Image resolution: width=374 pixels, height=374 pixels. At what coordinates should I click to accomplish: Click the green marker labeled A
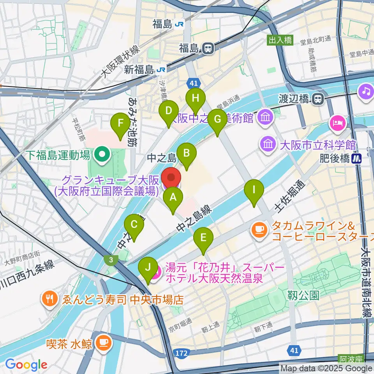[173, 199]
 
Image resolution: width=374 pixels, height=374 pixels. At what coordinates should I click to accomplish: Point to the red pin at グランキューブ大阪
[171, 179]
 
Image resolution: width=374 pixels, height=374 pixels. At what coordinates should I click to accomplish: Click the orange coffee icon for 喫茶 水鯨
[103, 342]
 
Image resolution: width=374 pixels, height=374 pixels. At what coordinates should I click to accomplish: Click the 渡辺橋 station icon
[318, 99]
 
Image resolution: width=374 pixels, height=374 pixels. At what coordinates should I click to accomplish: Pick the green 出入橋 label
[279, 39]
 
